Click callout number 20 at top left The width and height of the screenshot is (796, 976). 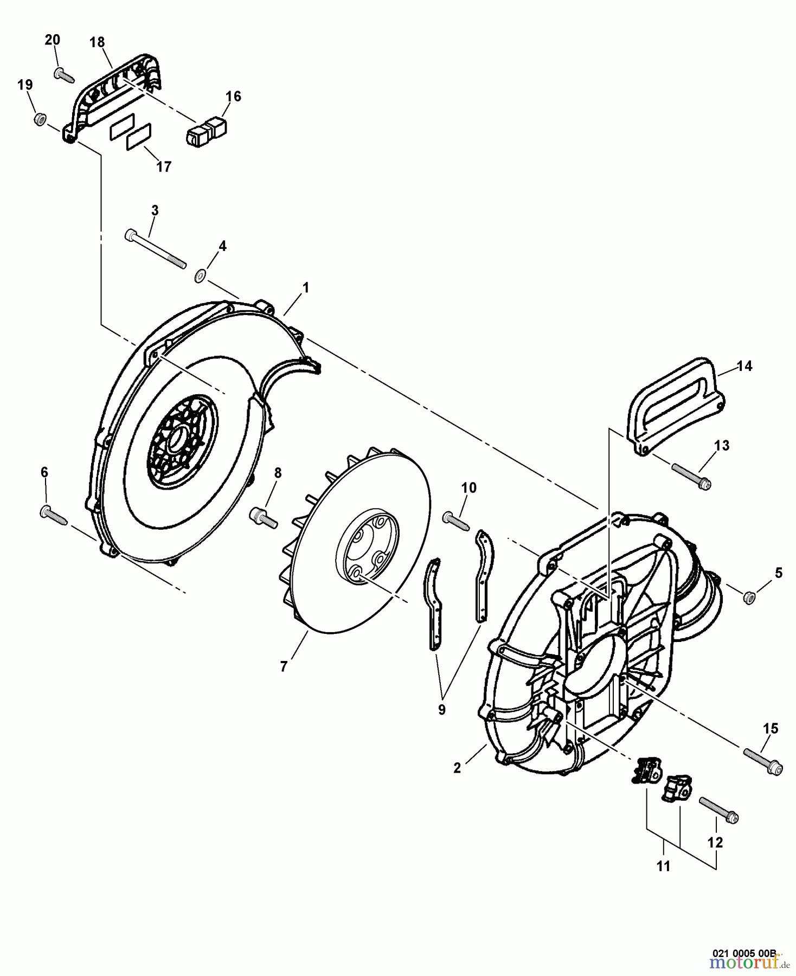point(52,40)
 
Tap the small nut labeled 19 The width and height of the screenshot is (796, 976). point(39,119)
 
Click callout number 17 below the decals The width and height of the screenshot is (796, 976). point(163,166)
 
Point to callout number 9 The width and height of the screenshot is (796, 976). point(441,709)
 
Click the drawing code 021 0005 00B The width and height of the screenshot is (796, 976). point(744,952)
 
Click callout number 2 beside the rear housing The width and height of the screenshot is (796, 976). point(457,768)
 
